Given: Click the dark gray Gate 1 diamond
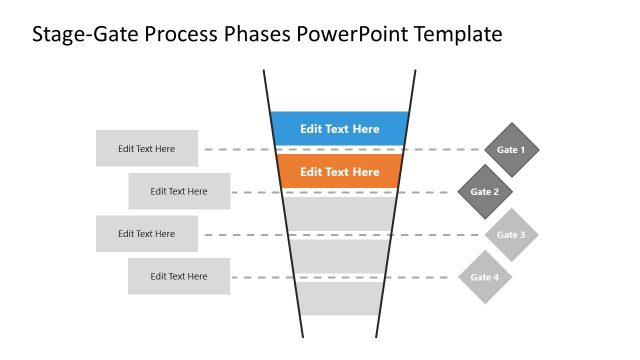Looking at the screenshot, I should pos(511,150).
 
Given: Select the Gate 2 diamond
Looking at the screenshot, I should pos(485,192).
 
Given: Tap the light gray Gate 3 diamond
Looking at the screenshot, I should pos(511,235).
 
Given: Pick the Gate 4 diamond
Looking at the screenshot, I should pos(485,277).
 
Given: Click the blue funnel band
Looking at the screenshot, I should pos(340,129).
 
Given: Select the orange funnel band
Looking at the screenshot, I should pos(340,172).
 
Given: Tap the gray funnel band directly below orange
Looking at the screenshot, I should pos(340,214).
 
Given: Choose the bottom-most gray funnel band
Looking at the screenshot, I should pos(340,298).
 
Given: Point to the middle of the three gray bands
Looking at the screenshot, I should pos(340,256).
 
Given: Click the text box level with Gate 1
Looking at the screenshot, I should pos(147,149).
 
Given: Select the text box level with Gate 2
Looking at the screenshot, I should pos(179,191).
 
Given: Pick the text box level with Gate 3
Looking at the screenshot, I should pos(147,234).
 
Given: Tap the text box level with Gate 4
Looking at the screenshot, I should pos(179,276).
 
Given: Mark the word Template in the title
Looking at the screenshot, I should pos(455,36).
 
